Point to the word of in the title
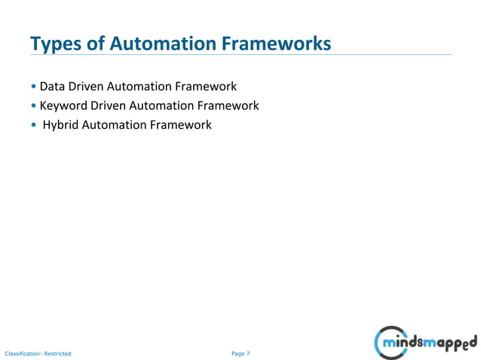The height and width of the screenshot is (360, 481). (97, 44)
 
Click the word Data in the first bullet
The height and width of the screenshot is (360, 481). (53, 87)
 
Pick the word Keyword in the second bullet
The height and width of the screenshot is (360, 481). (63, 106)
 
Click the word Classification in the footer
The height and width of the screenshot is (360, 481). (23, 353)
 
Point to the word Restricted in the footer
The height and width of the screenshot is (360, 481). (57, 353)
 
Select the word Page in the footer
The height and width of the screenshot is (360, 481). (238, 352)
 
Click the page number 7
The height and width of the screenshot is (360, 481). (248, 352)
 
